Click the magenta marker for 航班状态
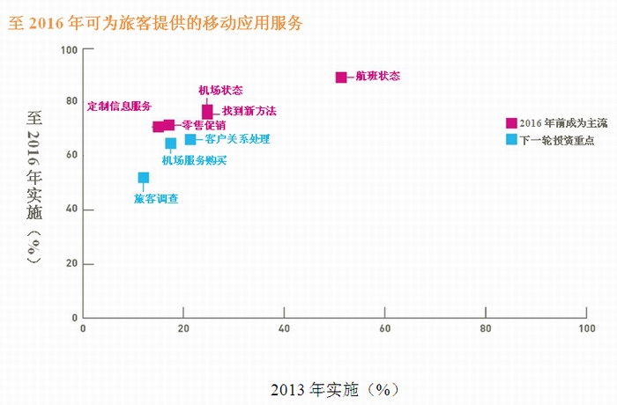tap(341, 77)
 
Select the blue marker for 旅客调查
tap(144, 178)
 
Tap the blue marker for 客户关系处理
tap(190, 139)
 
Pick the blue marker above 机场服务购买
tap(171, 144)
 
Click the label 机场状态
tap(220, 90)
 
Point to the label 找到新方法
tap(249, 111)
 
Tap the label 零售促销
tap(204, 125)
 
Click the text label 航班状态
tap(378, 77)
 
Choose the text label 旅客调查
tap(156, 199)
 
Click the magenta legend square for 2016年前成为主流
tap(511, 123)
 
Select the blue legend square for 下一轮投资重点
tap(511, 139)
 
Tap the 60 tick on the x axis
tap(384, 328)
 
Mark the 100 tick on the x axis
tap(585, 328)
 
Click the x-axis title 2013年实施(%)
tap(330, 387)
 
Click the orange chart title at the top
tap(155, 24)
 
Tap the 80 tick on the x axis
tap(486, 328)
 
